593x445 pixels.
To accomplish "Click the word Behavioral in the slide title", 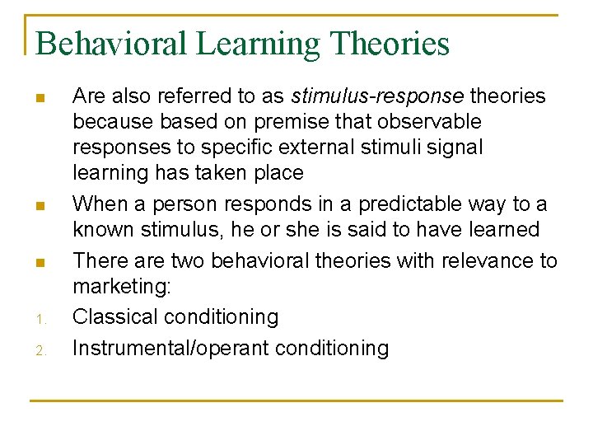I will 111,44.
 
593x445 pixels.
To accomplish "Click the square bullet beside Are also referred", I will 39,100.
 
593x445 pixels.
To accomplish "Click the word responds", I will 263,204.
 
